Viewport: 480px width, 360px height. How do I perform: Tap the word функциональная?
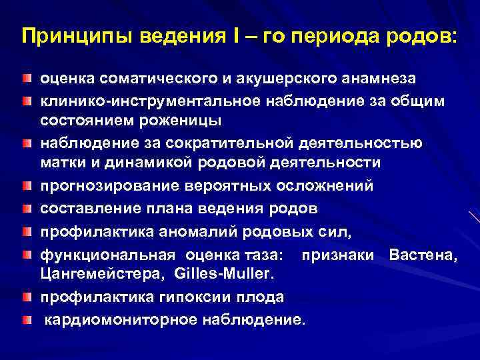point(109,255)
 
